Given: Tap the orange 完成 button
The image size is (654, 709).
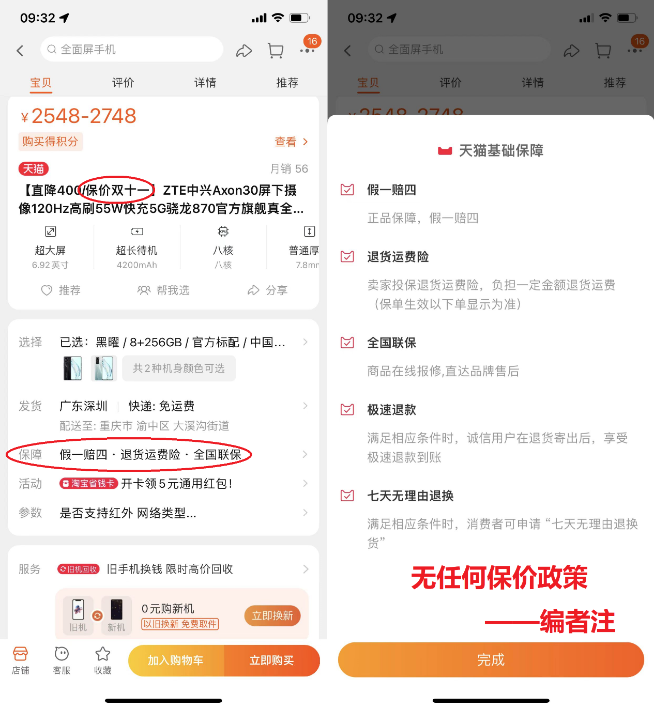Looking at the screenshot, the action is (x=491, y=659).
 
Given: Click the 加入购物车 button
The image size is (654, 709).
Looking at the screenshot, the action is (x=176, y=660).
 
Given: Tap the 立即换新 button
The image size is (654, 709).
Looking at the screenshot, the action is (x=272, y=615).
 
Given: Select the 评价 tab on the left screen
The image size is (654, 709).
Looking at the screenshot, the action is (x=123, y=83).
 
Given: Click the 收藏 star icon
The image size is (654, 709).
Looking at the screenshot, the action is (x=102, y=654).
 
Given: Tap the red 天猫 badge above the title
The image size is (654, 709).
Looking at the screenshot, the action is (x=33, y=168).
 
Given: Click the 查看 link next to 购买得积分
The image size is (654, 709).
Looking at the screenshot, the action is (x=291, y=142).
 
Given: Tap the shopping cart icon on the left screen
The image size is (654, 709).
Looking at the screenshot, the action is (x=276, y=50).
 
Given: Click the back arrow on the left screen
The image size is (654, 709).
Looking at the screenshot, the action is (x=20, y=50).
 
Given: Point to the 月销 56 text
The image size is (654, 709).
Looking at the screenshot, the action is (x=289, y=168).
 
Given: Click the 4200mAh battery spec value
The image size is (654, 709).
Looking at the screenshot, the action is (x=137, y=265).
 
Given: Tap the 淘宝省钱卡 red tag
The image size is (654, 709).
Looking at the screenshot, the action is (x=88, y=483).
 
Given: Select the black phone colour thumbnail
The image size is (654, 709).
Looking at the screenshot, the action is (x=72, y=368).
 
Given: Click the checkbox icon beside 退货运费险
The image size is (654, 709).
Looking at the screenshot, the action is (x=347, y=256).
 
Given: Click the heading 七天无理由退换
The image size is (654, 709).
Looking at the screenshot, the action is (x=410, y=496).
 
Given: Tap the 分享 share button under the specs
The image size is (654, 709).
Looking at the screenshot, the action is (x=267, y=290).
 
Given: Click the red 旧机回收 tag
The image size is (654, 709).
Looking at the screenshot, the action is (x=78, y=569).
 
